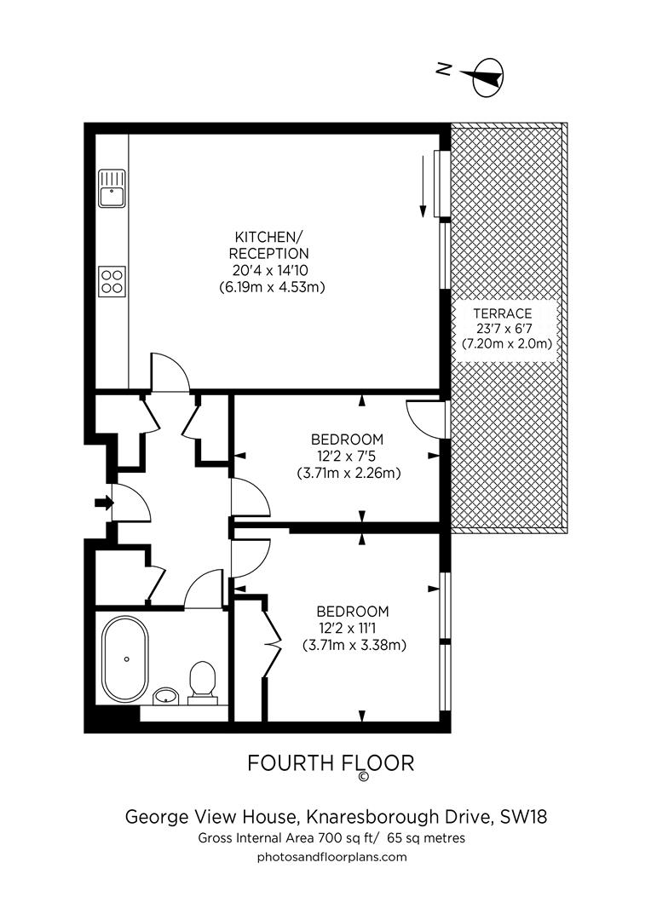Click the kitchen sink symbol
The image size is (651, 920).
click(112, 188)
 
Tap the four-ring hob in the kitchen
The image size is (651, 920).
click(112, 280)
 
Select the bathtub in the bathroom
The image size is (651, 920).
click(125, 658)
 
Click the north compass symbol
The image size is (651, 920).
click(484, 76)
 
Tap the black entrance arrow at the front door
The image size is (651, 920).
click(103, 503)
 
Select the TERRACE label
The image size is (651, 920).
click(506, 313)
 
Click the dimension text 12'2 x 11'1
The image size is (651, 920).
click(352, 628)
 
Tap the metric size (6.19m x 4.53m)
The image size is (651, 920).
click(272, 287)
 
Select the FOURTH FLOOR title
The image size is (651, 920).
click(331, 763)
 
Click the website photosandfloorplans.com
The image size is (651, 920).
click(331, 857)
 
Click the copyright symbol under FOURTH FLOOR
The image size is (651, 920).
click(364, 777)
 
